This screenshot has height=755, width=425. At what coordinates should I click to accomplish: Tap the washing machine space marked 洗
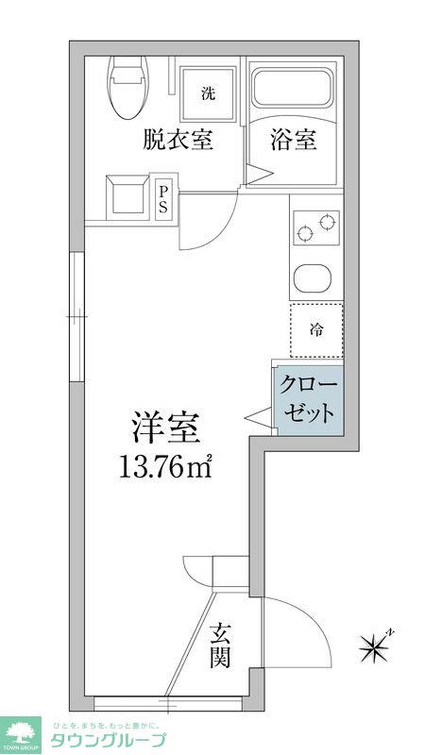[x=208, y=92]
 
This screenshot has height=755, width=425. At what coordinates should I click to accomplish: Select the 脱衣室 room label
[x=178, y=141]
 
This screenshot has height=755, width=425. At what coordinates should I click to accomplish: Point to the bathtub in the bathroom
[x=293, y=90]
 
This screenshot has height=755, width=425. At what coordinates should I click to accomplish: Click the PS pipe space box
[x=163, y=198]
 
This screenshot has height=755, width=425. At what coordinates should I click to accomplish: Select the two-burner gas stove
[x=315, y=227]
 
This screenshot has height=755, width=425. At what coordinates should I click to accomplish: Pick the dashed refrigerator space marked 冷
[x=316, y=330]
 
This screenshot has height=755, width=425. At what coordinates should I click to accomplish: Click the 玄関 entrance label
[x=220, y=644]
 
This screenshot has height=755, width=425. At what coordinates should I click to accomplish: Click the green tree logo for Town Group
[x=21, y=734]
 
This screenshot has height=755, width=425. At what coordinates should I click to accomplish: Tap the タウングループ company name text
[x=108, y=740]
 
